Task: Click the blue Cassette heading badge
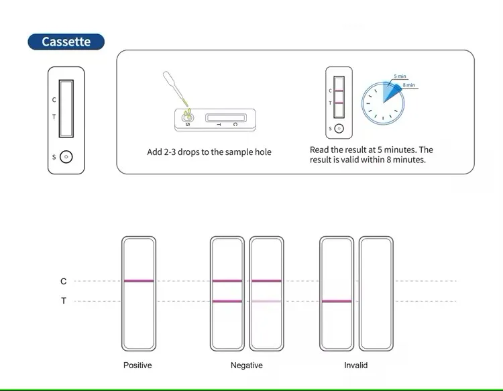pos(66,42)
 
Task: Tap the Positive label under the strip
pos(137,366)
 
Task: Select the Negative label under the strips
pos(246,366)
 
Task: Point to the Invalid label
pos(355,366)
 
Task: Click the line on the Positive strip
pos(139,281)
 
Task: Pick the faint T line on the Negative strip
pos(266,302)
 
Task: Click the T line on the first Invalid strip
pos(336,302)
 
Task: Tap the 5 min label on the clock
pos(400,76)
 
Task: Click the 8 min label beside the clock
pos(409,85)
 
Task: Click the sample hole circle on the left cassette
pos(66,157)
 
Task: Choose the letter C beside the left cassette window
pos(54,100)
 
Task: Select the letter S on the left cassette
pos(54,157)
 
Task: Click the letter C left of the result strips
pos(64,282)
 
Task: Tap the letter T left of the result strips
pos(64,302)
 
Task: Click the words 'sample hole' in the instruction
pos(248,152)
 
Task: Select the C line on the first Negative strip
pos(227,281)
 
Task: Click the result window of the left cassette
pos(66,107)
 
